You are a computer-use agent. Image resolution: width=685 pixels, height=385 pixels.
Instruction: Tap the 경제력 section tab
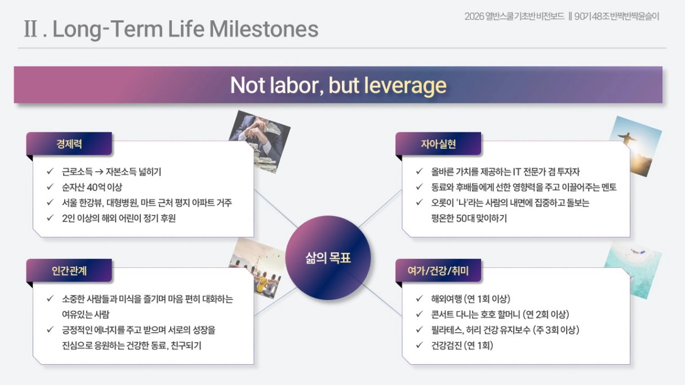(x=69, y=144)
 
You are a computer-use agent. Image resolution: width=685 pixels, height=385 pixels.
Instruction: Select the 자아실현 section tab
(x=438, y=144)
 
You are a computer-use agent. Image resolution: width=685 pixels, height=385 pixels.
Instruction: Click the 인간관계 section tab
(x=69, y=270)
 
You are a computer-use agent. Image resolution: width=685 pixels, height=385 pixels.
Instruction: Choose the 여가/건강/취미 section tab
(x=438, y=270)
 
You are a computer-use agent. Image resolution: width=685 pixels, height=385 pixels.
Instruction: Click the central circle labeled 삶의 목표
(x=328, y=258)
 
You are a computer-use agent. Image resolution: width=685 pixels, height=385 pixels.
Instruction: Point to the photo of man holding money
(x=260, y=142)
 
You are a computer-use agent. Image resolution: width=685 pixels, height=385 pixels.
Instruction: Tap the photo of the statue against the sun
(x=636, y=146)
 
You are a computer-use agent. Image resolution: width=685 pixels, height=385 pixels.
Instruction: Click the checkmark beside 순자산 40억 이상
(x=50, y=187)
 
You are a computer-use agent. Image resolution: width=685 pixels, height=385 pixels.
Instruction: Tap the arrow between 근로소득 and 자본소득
(x=99, y=172)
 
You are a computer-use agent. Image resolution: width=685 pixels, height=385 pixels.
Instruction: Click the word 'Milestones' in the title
(x=264, y=29)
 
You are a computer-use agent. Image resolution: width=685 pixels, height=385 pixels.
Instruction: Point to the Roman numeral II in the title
(x=31, y=29)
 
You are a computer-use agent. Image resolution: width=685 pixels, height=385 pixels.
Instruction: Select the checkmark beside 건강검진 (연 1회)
(x=419, y=345)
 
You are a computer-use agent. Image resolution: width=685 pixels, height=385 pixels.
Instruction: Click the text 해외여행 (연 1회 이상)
(x=470, y=298)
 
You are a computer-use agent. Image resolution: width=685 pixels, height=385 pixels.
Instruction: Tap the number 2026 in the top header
(x=474, y=16)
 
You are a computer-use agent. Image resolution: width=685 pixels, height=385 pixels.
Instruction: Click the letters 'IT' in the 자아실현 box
(x=517, y=172)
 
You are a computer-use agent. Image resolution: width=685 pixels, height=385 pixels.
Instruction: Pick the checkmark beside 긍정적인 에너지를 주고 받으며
(x=50, y=329)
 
